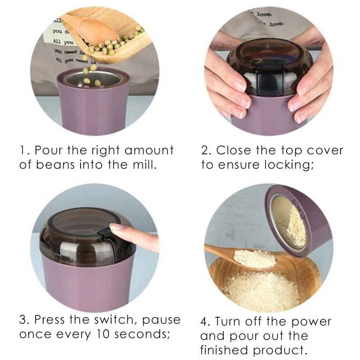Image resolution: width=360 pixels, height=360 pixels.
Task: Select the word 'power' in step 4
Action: tap(310, 322)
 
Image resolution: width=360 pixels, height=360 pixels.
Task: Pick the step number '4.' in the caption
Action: tap(205, 322)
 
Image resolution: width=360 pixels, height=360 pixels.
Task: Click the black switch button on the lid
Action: tap(104, 230)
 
